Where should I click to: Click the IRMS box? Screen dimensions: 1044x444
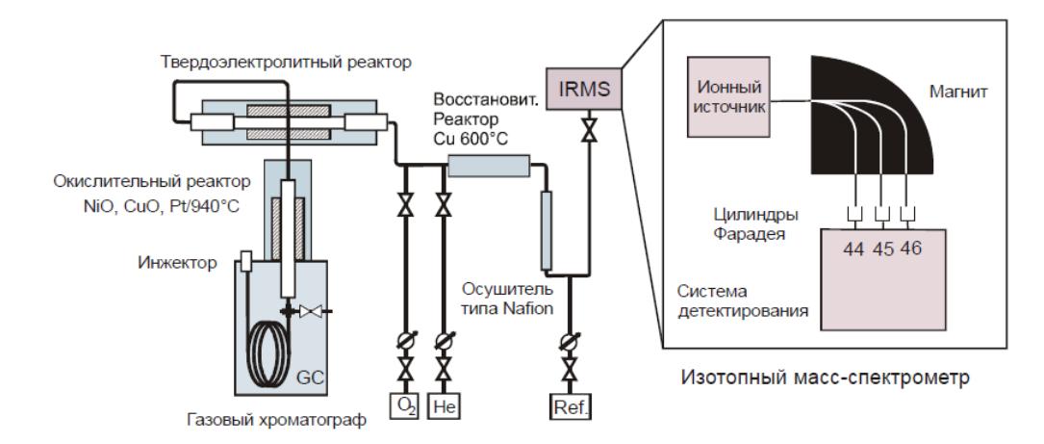583,88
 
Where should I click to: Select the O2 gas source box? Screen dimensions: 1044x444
404,405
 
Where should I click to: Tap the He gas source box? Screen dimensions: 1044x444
443,405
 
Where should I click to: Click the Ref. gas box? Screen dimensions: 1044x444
570,405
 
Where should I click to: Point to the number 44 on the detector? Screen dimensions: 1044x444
853,248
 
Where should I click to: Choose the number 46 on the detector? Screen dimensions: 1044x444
910,248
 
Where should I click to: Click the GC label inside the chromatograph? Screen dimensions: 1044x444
310,378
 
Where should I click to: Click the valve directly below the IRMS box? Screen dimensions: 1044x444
589,128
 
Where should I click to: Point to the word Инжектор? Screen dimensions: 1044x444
177,263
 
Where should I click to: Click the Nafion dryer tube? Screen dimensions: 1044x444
546,230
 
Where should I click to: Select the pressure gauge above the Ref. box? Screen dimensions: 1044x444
570,341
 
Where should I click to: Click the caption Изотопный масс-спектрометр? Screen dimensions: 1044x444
825,378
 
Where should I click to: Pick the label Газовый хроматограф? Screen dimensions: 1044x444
277,422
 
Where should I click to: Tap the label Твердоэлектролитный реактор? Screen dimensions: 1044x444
287,62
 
